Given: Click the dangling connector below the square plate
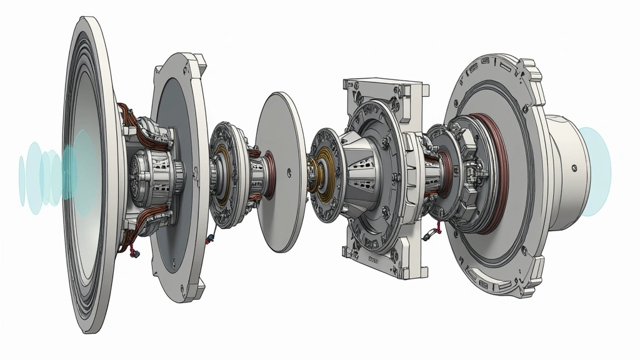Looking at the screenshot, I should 429,236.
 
